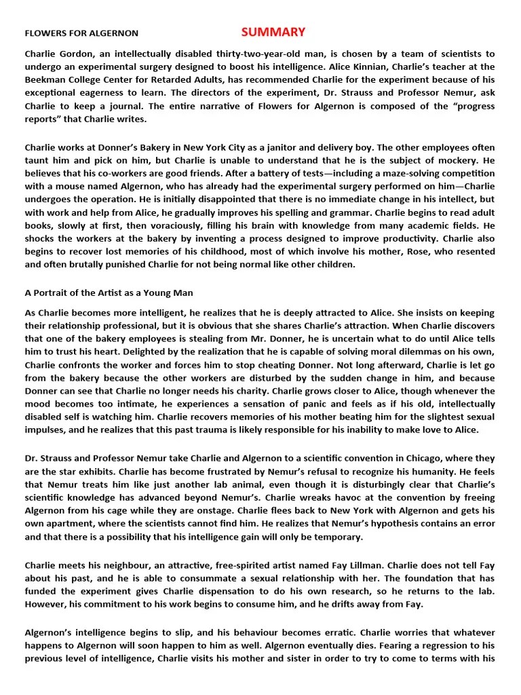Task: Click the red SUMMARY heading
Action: (x=273, y=32)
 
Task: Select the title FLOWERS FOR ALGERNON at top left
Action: (x=81, y=33)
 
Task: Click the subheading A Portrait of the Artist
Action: (x=109, y=293)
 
